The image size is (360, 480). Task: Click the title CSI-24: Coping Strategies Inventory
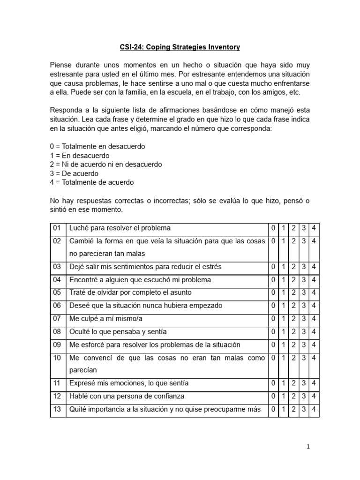pyautogui.click(x=180, y=47)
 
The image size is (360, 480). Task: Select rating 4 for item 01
pyautogui.click(x=314, y=228)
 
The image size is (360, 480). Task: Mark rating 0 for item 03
pyautogui.click(x=273, y=267)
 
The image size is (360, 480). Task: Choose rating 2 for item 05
pyautogui.click(x=293, y=292)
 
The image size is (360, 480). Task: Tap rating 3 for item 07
pyautogui.click(x=304, y=319)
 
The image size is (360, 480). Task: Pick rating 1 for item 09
pyautogui.click(x=284, y=345)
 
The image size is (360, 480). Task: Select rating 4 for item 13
pyautogui.click(x=314, y=409)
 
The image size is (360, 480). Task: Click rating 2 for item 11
pyautogui.click(x=293, y=383)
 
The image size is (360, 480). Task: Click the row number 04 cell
pyautogui.click(x=57, y=280)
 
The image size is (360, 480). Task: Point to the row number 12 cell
pyautogui.click(x=57, y=396)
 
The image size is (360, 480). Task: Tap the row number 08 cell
pyautogui.click(x=57, y=332)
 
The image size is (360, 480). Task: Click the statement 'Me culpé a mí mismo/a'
pyautogui.click(x=106, y=319)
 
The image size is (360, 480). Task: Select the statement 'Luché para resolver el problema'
pyautogui.click(x=120, y=228)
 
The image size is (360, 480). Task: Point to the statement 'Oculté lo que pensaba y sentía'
pyautogui.click(x=118, y=332)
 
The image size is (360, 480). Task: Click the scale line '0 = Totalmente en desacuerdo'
pyautogui.click(x=97, y=146)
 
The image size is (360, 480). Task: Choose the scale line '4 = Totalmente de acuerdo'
pyautogui.click(x=91, y=182)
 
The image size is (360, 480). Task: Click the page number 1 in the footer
pyautogui.click(x=308, y=447)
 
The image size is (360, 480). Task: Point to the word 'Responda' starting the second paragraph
pyautogui.click(x=66, y=110)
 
